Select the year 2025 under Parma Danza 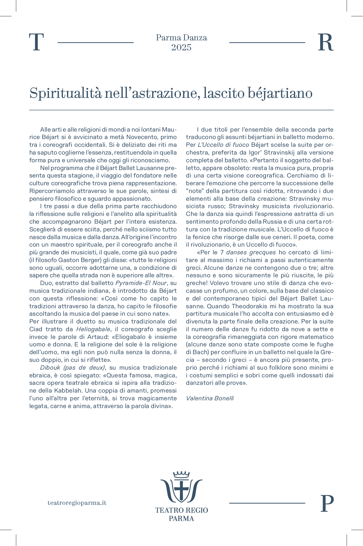(x=181, y=48)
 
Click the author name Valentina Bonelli (x=210, y=398)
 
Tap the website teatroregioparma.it (x=77, y=503)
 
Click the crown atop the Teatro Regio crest (x=181, y=474)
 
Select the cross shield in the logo (x=181, y=491)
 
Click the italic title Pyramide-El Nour (x=141, y=283)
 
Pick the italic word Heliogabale (x=93, y=329)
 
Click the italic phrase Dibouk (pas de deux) (x=73, y=368)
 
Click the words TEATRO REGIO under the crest (x=181, y=510)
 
